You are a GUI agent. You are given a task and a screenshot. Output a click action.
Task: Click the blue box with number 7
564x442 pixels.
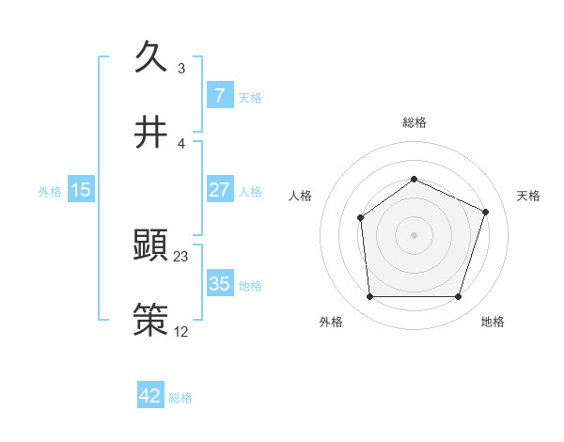tap(219, 95)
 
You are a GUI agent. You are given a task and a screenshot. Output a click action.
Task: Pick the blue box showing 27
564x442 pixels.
tap(219, 189)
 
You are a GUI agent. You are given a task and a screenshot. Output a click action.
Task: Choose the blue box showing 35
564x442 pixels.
tap(219, 283)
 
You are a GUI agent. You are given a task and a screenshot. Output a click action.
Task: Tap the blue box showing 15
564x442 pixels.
tap(81, 190)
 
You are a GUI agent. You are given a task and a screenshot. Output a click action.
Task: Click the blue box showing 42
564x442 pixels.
tap(150, 396)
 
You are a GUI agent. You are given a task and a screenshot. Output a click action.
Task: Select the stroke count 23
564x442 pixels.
tap(180, 256)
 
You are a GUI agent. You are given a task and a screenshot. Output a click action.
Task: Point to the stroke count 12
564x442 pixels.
tap(180, 330)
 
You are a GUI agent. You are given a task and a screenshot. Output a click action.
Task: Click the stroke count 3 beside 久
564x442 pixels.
tap(180, 69)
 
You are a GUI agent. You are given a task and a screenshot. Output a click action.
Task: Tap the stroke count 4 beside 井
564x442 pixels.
tap(180, 143)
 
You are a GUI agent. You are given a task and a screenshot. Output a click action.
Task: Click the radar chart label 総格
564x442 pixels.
tap(414, 122)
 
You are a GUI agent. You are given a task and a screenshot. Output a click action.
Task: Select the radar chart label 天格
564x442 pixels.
tap(528, 196)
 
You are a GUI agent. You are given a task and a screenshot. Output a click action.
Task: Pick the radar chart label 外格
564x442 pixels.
tap(331, 322)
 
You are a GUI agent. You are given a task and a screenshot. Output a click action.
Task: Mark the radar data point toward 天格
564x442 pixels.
tap(486, 212)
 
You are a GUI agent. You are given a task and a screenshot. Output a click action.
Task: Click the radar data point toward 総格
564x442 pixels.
tap(414, 179)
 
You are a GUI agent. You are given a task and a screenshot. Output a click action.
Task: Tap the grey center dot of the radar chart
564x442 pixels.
tap(414, 234)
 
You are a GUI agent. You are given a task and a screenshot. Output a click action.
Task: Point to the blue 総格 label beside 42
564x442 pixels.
tap(180, 398)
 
